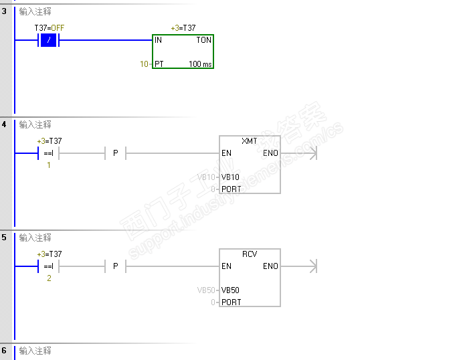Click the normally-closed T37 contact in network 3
pyautogui.click(x=50, y=40)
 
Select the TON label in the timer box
pyautogui.click(x=203, y=40)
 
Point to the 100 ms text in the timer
pyautogui.click(x=200, y=64)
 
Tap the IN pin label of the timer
pyautogui.click(x=159, y=40)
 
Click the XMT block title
pyautogui.click(x=250, y=142)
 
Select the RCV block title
pyautogui.click(x=250, y=254)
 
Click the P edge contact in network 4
pyautogui.click(x=115, y=153)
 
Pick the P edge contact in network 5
pyautogui.click(x=115, y=266)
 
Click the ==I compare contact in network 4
pyautogui.click(x=49, y=153)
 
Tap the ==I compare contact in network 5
pyautogui.click(x=49, y=266)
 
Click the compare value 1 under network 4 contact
pyautogui.click(x=49, y=165)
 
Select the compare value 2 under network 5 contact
pyautogui.click(x=49, y=278)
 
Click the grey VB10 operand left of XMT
pyautogui.click(x=206, y=177)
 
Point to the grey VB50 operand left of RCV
pyautogui.click(x=206, y=290)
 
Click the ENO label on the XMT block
pyautogui.click(x=270, y=153)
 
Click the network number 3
pyautogui.click(x=4, y=11)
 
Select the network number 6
pyautogui.click(x=4, y=351)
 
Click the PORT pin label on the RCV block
pyautogui.click(x=232, y=302)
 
